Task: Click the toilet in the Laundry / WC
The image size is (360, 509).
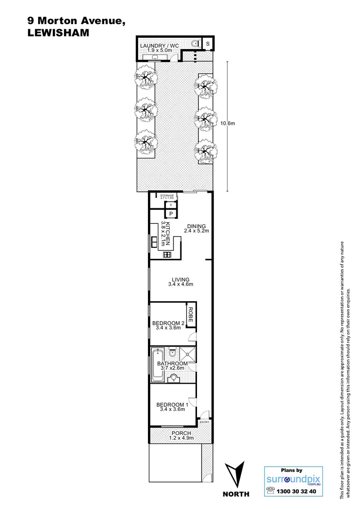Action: pos(195,43)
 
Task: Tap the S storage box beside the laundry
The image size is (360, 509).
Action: pos(208,43)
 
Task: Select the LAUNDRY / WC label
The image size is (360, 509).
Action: pos(160,46)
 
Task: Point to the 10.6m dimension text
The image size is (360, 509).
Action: pos(227,123)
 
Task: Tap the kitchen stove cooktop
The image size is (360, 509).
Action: pos(166,255)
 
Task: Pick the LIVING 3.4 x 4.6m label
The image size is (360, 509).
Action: pos(181,282)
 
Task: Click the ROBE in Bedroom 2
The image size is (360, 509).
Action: pos(191,314)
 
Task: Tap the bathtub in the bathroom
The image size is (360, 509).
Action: pos(157,366)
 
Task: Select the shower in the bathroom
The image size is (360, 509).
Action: pos(189,355)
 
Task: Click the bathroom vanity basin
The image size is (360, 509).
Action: pos(173,378)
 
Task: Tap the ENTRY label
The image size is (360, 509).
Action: pos(205,422)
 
